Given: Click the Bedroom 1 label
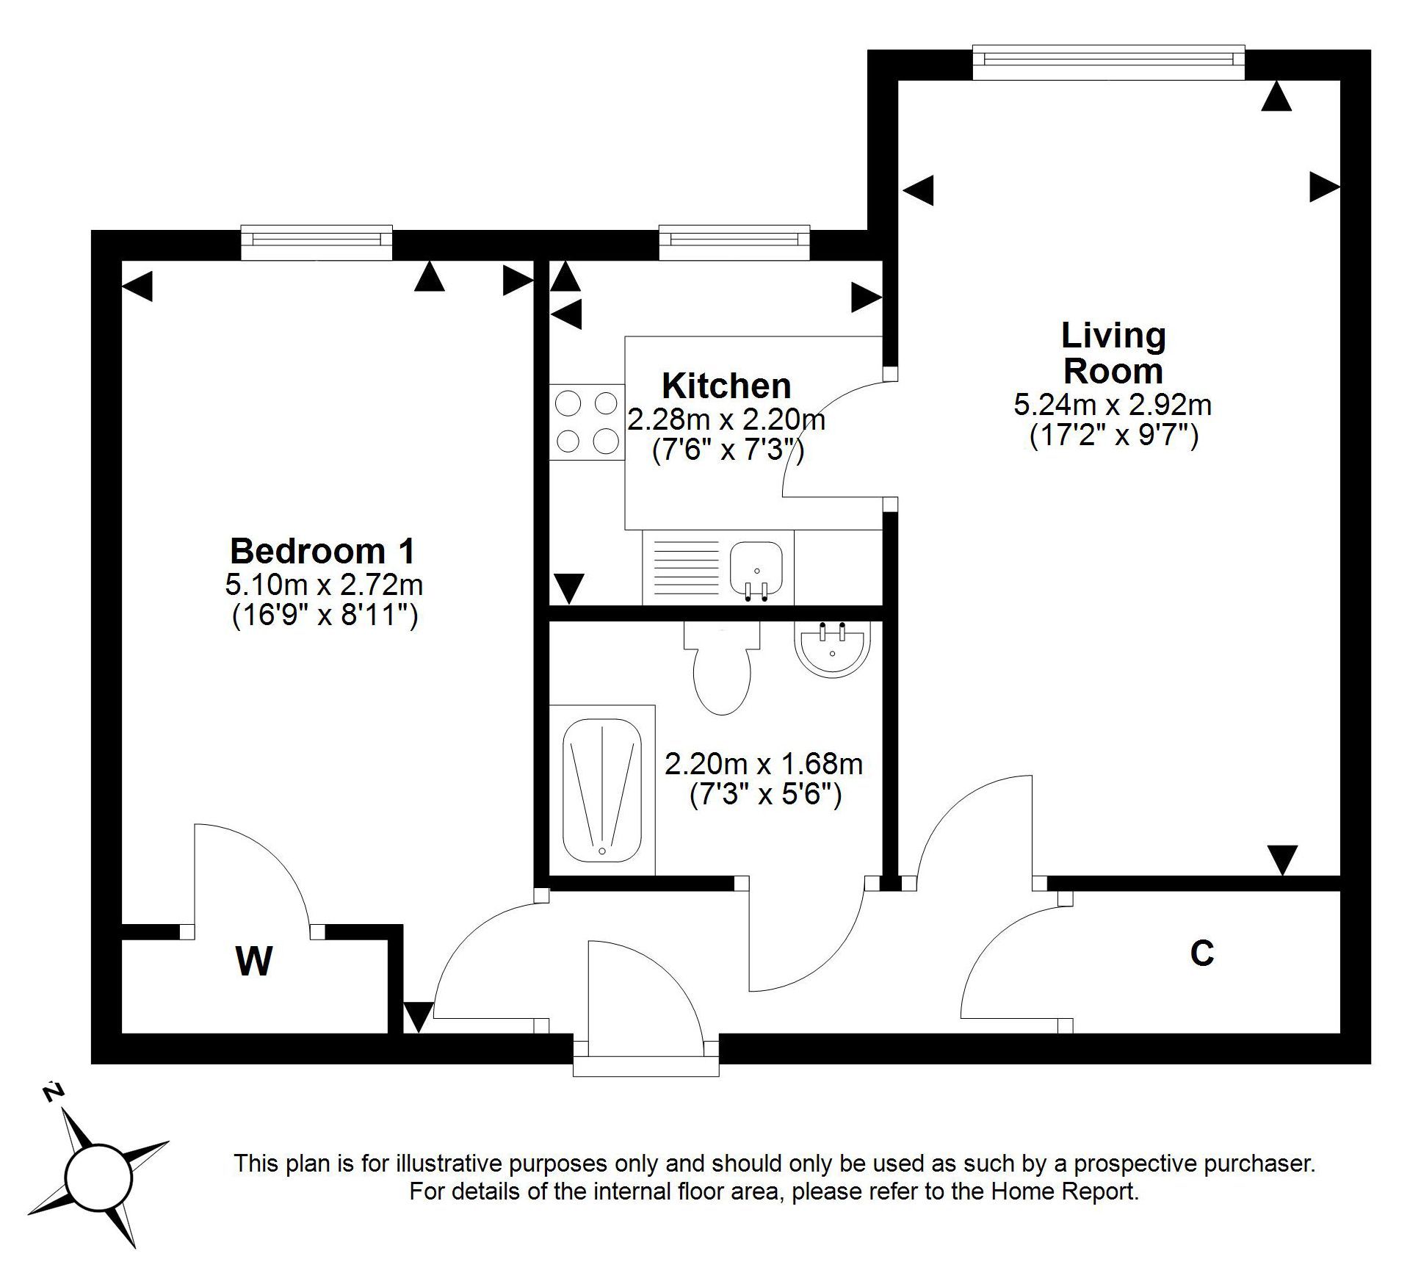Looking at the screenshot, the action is point(322,551).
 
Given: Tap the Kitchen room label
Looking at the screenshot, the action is point(726,386).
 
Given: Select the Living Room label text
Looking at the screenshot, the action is point(1113,353).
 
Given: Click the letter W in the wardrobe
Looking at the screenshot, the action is point(254,961).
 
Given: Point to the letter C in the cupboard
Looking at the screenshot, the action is point(1201,953).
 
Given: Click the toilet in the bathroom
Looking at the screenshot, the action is point(722,668).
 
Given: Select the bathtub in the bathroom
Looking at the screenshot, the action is point(602,790).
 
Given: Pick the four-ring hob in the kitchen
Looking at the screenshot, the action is point(587,422).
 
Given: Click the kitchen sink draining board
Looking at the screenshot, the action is point(685,568).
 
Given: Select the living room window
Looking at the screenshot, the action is point(1108,62).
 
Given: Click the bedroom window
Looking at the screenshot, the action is point(317,242).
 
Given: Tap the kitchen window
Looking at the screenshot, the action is point(734,242).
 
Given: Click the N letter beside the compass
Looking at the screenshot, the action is point(51,1092).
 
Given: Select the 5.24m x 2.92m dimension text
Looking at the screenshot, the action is point(1113,405).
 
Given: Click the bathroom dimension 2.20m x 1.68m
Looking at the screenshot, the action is point(764,764).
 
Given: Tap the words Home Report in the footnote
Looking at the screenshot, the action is point(1065,1191).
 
